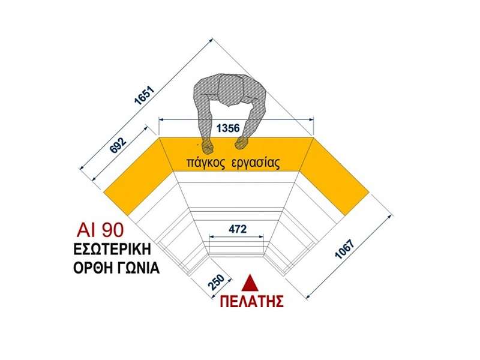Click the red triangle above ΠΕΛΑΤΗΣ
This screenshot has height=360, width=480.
click(251, 283)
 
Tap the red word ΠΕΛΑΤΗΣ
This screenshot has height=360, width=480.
click(251, 301)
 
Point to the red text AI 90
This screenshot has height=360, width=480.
click(100, 230)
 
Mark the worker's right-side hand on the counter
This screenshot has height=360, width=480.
click(242, 143)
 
